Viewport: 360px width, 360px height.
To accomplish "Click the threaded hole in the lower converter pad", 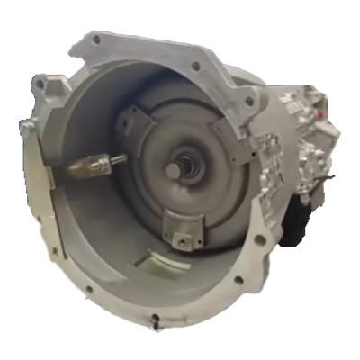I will pyautogui.click(x=184, y=240).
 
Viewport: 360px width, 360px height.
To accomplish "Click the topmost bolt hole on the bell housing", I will pyautogui.click(x=95, y=40).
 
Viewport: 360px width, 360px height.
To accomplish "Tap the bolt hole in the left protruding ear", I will pyautogui.click(x=40, y=86).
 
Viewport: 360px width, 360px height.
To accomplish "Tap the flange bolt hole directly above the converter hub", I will pyautogui.click(x=195, y=67).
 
